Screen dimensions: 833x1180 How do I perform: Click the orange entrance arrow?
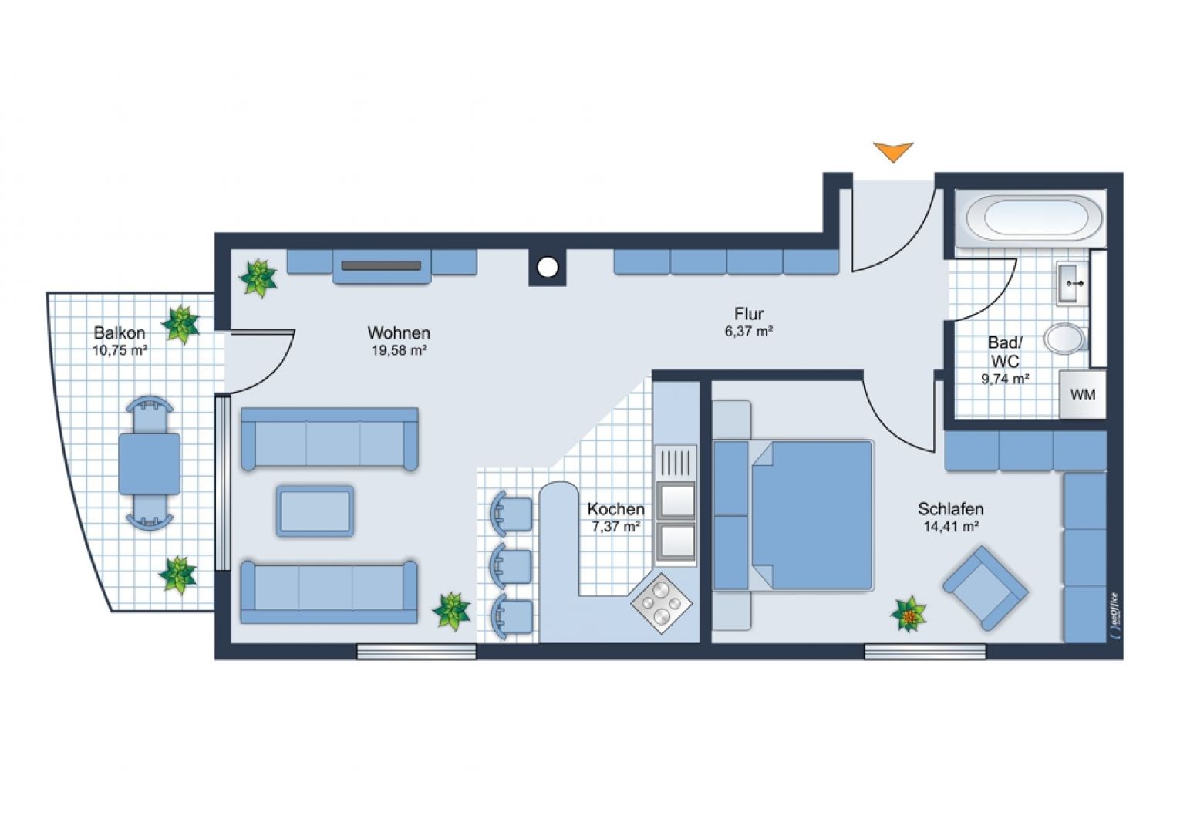pos(893,150)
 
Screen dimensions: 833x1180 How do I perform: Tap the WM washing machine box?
pos(1083,395)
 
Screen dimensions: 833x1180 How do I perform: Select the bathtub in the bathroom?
pos(1028,218)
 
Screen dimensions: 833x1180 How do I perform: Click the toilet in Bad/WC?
pos(1065,338)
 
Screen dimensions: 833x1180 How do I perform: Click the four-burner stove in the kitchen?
pos(660,603)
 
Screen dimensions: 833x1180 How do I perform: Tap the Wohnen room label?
pos(399,333)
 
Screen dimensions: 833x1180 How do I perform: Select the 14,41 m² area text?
pos(951,527)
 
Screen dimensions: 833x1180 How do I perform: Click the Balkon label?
pos(120,333)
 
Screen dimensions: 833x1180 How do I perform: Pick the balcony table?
pos(150,464)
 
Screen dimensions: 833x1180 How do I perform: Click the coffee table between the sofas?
pos(315,511)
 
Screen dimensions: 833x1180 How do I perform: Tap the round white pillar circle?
pos(547,268)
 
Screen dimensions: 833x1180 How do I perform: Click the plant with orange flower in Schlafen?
pos(909,615)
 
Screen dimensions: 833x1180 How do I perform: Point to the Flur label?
pos(749,314)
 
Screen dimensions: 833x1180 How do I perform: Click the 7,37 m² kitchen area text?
pos(616,527)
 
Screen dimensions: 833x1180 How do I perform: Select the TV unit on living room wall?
pos(382,266)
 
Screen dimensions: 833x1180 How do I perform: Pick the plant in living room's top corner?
pos(258,277)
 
